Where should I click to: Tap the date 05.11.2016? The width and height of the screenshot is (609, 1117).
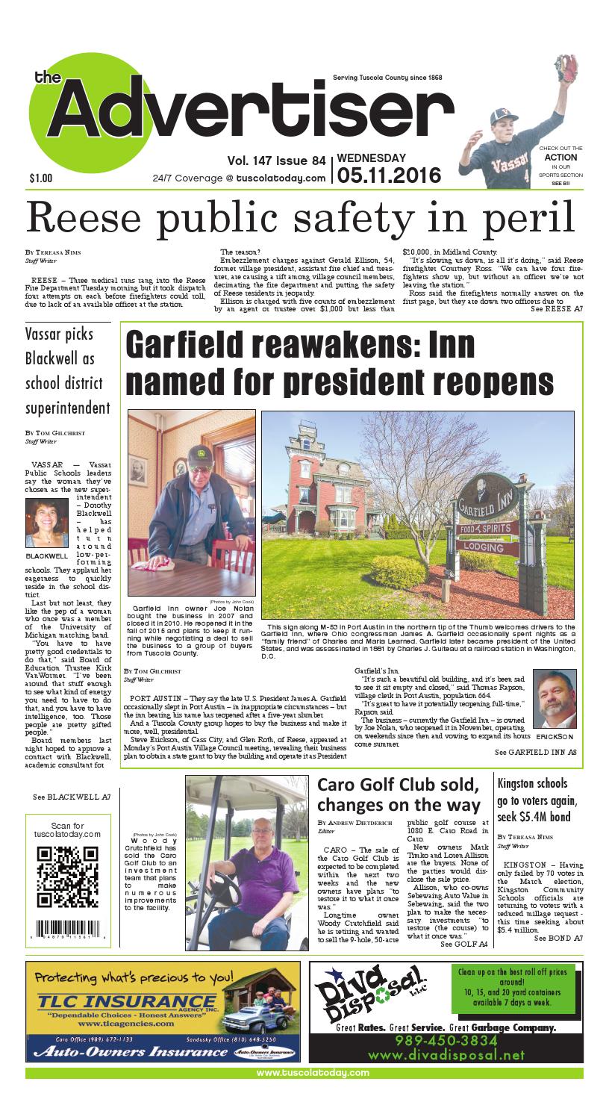point(390,176)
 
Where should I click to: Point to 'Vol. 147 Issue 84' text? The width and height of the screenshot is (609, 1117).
point(278,160)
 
